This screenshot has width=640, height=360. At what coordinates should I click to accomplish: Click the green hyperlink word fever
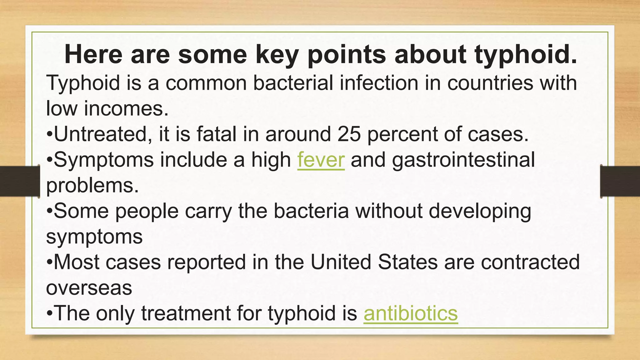[321, 160]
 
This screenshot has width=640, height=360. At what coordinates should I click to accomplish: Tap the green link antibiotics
[410, 313]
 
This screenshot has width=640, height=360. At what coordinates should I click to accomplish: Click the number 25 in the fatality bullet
[349, 134]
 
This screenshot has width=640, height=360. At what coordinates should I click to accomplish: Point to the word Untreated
[100, 134]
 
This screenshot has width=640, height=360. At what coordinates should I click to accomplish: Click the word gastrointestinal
[463, 160]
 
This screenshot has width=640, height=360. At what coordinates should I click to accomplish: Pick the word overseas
[89, 288]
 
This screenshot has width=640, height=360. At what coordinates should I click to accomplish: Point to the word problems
[92, 186]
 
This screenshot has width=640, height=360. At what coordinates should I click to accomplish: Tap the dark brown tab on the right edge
[620, 181]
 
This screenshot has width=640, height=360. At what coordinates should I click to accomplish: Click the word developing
[480, 212]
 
